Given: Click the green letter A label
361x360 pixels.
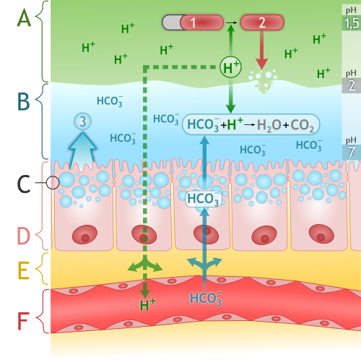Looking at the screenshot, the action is point(24,17).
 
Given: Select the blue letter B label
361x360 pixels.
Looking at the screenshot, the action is point(24,101).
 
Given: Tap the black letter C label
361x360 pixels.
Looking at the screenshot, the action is point(24,184).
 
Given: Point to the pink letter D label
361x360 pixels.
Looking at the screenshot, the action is point(24,236).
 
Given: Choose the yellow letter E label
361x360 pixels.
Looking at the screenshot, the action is point(24,270).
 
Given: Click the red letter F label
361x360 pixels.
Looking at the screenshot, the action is point(23,321).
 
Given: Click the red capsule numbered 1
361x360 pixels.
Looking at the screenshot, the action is point(201,22).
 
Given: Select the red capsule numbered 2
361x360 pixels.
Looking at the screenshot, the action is point(262,22).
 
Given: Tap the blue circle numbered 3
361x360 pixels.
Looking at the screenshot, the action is point(82,121).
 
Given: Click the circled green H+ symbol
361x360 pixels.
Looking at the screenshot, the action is point(230,67).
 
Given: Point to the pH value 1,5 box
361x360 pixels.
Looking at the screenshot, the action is point(352,23).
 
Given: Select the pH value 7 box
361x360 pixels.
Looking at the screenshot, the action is point(352,152).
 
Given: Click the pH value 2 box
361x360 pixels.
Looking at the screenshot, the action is point(352,85).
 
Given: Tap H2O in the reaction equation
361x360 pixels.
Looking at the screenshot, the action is point(269,125).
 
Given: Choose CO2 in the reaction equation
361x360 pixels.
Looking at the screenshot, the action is point(302,125).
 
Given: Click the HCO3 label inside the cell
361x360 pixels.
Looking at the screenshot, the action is point(204,200).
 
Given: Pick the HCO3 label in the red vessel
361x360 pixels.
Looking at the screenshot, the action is point(206,299).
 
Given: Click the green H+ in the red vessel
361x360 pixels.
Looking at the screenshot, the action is point(148,305).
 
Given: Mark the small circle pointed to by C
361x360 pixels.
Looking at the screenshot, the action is point(53,183).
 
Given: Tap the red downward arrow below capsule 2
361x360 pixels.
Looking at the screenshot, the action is point(261,50).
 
